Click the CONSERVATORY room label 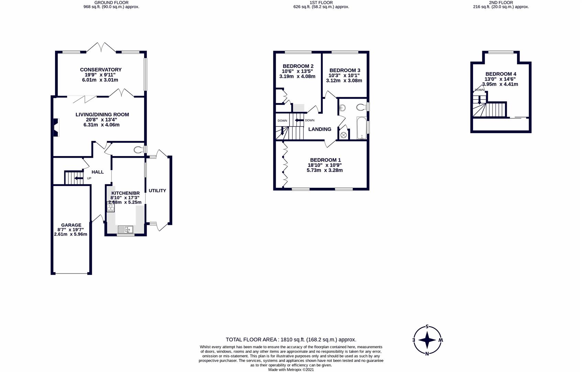click(100, 70)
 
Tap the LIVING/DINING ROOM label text click(102, 114)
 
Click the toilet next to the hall click(139, 149)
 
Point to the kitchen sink click(125, 229)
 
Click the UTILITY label click(157, 190)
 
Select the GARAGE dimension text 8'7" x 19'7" click(70, 230)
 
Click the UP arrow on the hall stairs click(79, 178)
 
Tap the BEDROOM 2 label click(298, 66)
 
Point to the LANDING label click(319, 129)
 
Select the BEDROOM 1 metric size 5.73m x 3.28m click(325, 170)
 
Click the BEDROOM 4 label click(501, 74)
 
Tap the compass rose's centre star click(427, 340)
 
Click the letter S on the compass click(427, 327)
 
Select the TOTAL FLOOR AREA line click(291, 340)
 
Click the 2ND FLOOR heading click(501, 2)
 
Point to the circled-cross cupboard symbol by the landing click(343, 135)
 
